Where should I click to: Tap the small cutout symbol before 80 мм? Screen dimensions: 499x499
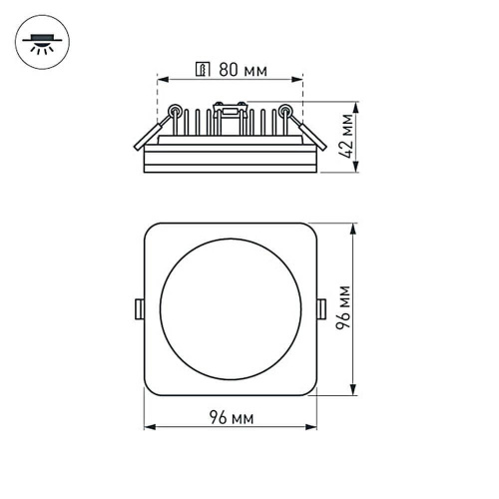tap(202, 71)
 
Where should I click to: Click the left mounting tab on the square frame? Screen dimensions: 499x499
tap(139, 308)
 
